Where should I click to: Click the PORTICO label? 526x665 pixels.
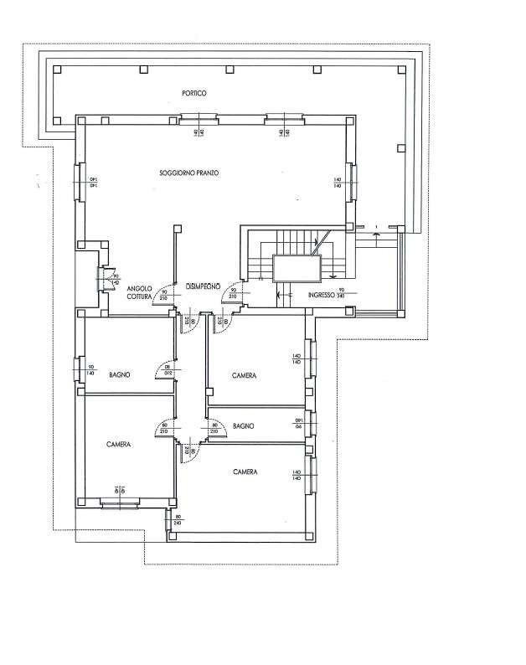pos(193,93)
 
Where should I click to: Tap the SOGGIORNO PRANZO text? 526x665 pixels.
pos(189,173)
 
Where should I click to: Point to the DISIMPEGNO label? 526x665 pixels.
pos(202,284)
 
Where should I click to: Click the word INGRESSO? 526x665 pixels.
pos(321,296)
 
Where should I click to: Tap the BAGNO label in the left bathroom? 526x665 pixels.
pos(120,375)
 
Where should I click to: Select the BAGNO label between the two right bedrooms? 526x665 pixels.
pos(245,426)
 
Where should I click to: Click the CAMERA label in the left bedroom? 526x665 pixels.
pos(119,445)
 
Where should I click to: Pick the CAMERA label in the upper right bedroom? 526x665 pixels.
pos(245,375)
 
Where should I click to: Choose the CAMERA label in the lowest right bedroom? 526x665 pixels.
pos(245,472)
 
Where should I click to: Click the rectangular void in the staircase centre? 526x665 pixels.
pos(297,268)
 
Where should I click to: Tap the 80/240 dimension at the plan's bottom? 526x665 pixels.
pos(178,520)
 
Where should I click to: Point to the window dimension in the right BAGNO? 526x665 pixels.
pos(297,424)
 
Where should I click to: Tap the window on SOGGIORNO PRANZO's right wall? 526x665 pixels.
pos(353,182)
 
